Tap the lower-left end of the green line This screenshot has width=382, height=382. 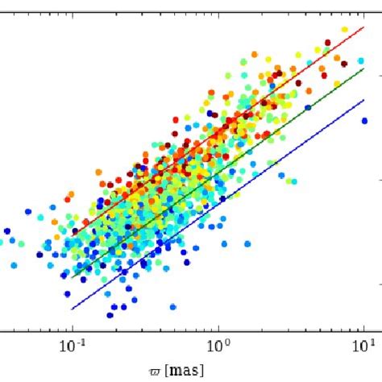pyautogui.click(x=73, y=277)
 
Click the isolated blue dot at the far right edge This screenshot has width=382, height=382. pyautogui.click(x=364, y=121)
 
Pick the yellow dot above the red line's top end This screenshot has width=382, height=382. pyautogui.click(x=346, y=30)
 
